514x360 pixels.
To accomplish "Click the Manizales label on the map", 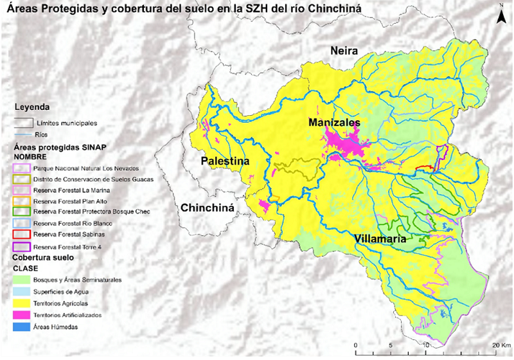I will [334, 122].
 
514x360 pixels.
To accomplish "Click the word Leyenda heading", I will [32, 107].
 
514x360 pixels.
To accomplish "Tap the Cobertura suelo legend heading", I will [43, 257].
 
